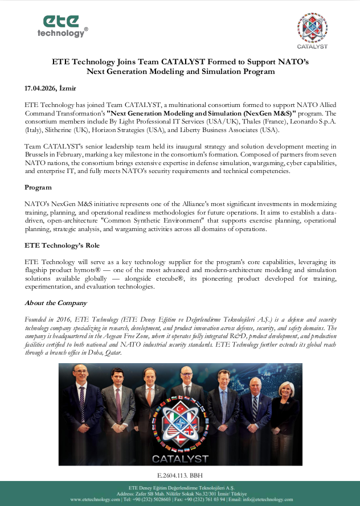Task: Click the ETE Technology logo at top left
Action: point(63,26)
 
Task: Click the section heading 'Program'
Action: point(38,187)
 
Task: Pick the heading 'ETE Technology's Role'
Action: point(62,245)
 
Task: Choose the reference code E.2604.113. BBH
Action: point(179,474)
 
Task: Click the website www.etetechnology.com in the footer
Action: point(95,499)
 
